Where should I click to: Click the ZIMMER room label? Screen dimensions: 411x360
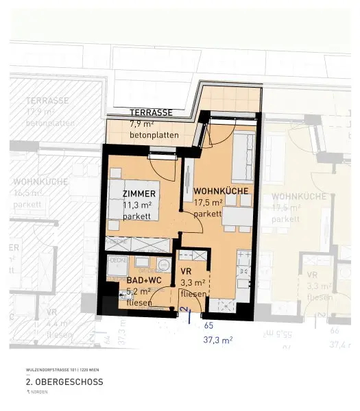(139, 194)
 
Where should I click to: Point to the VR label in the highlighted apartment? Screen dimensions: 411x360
(185, 271)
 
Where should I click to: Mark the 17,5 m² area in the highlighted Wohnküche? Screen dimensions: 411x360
(208, 202)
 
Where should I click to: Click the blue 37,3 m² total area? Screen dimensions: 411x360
(218, 339)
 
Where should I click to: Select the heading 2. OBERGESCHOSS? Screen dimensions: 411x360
(64, 382)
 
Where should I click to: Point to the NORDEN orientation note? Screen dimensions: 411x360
(40, 393)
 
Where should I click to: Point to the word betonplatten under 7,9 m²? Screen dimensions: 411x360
(154, 135)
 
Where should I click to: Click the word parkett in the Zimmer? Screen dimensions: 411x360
(136, 216)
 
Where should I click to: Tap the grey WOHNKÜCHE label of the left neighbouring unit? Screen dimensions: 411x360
(40, 182)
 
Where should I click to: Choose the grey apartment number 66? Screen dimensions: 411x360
(335, 330)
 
